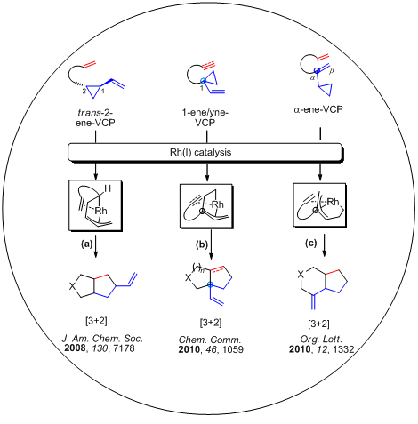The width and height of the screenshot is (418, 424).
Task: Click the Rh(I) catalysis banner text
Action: click(200, 152)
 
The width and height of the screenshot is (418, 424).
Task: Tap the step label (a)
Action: click(87, 244)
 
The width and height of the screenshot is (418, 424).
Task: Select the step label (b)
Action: click(202, 244)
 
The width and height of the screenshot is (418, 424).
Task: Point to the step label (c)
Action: click(311, 244)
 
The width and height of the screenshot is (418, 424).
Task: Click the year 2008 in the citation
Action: click(75, 348)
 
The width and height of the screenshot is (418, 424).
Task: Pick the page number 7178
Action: click(124, 348)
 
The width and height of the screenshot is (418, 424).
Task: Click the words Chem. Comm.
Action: click(210, 340)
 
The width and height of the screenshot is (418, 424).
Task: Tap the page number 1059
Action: click(233, 349)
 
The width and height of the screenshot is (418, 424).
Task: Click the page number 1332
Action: click(343, 349)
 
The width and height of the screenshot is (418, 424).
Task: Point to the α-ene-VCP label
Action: click(318, 109)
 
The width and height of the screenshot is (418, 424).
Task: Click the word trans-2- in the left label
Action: click(95, 113)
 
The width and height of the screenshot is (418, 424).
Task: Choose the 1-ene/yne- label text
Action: click(205, 113)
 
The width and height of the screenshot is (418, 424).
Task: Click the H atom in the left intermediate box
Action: click(108, 188)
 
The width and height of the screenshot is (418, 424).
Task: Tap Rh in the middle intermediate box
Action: click(218, 204)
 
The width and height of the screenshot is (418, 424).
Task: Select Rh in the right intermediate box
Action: click(333, 202)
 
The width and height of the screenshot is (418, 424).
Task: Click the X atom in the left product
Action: click(72, 286)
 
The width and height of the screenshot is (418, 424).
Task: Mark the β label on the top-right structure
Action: click(332, 71)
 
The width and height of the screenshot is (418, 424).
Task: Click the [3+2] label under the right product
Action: click(318, 324)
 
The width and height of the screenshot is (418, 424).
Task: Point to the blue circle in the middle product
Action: click(210, 284)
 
